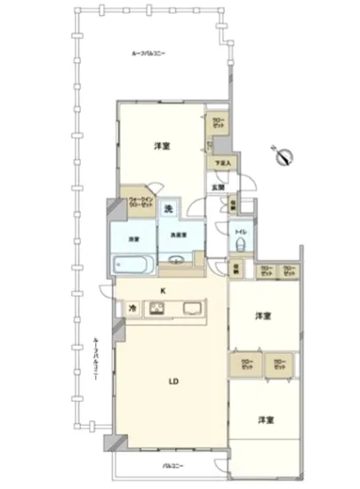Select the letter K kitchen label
162,290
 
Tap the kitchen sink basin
192,309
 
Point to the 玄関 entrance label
217,187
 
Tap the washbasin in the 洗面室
176,261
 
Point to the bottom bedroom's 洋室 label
265,419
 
